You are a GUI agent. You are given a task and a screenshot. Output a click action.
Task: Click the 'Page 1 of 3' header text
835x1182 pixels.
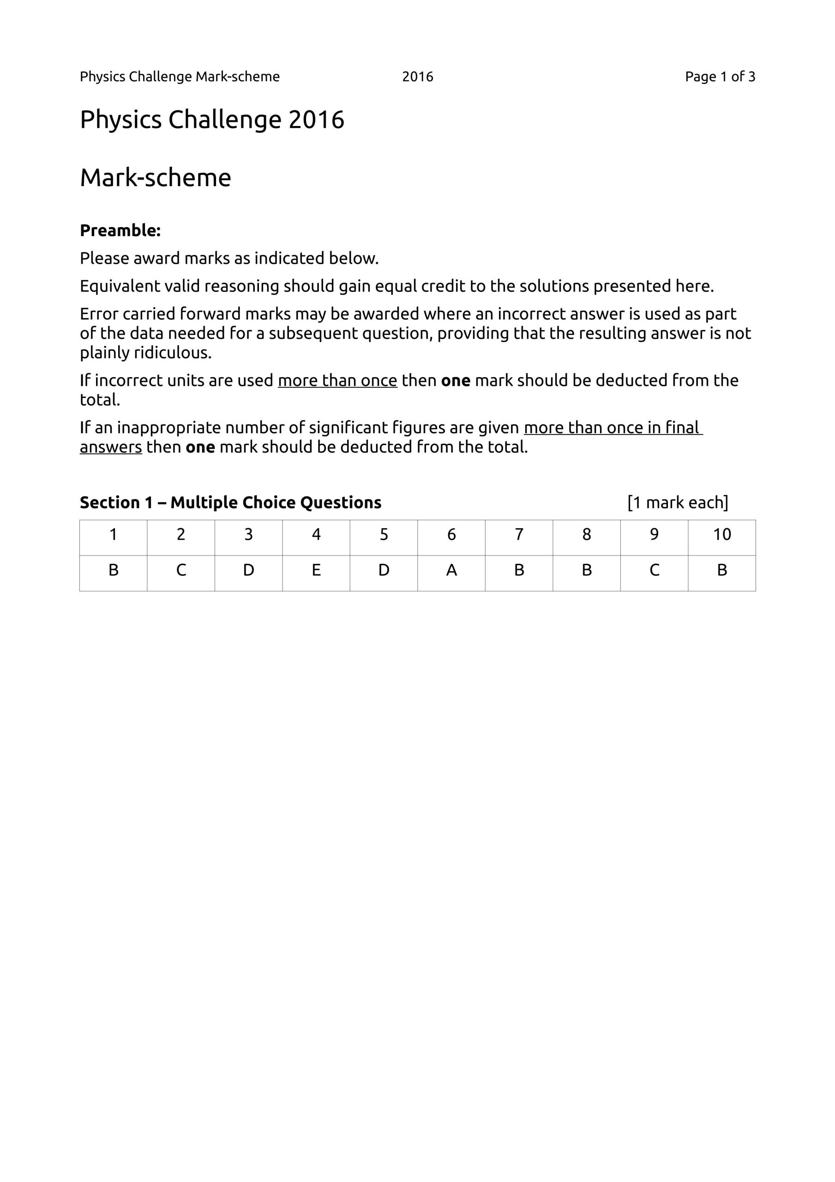(720, 77)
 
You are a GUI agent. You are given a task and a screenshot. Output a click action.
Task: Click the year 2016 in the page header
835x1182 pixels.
(417, 77)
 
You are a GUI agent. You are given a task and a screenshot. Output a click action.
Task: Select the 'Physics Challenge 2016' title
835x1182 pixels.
(211, 120)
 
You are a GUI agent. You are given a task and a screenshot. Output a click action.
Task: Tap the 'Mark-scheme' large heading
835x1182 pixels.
(156, 178)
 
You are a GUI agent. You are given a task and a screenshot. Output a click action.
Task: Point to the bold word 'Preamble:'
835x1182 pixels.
(120, 231)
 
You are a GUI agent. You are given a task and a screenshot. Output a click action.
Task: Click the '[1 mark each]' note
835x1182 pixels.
(678, 502)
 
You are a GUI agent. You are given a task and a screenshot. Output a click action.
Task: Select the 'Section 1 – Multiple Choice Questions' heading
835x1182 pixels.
(231, 502)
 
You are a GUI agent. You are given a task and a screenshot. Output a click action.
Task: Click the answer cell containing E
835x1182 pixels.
(316, 570)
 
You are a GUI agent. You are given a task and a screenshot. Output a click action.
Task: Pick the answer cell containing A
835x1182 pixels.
(451, 570)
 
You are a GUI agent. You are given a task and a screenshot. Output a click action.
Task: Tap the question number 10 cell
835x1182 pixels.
(722, 535)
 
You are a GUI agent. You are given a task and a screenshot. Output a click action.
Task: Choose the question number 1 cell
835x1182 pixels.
(113, 535)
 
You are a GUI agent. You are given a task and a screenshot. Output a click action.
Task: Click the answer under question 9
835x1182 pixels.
(655, 570)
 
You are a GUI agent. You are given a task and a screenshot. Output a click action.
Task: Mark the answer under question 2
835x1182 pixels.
(180, 570)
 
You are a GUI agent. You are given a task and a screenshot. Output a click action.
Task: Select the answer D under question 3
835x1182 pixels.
(249, 570)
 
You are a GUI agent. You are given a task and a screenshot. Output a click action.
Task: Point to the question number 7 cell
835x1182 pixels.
(519, 535)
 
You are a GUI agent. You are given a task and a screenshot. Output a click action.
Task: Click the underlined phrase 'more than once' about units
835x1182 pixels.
(338, 380)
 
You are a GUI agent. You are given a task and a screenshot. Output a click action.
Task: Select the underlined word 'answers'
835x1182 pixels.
(111, 447)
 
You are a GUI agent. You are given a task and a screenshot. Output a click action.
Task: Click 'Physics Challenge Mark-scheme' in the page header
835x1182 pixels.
(180, 77)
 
